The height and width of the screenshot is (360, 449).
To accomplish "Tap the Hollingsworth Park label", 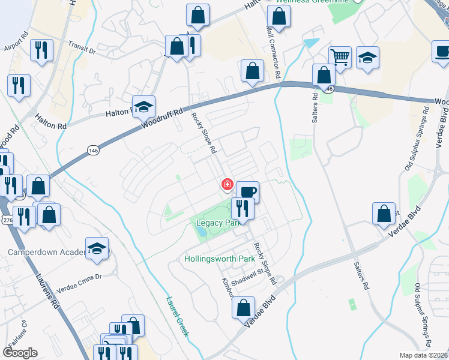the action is point(219,259).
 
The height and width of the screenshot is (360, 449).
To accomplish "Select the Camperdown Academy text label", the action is point(45,253).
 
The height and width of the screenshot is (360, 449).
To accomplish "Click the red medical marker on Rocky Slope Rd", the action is point(228,184).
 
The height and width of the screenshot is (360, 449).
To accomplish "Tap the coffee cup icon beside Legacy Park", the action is point(247,192).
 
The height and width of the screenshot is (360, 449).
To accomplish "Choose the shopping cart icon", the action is point(340,58).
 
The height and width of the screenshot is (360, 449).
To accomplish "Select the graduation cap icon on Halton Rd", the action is point(143,106).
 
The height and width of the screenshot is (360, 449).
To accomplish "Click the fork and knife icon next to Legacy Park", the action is point(242,208).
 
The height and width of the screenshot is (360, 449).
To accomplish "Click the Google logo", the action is point(20,353).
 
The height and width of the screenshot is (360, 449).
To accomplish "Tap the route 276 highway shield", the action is point(5,205).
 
